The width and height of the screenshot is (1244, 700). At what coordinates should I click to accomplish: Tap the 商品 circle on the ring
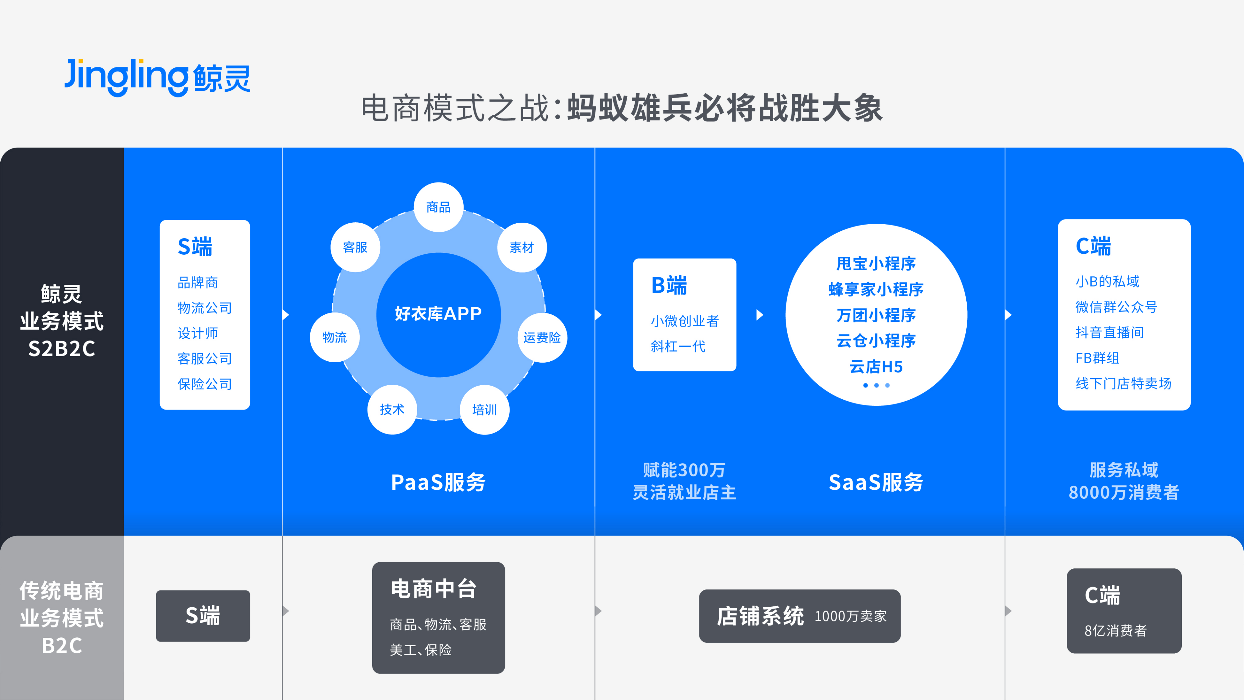[439, 207]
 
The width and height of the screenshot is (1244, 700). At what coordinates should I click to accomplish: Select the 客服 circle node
[355, 247]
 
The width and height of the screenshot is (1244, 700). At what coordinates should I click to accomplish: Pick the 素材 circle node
[522, 247]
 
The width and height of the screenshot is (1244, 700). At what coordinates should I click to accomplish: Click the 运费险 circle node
[542, 337]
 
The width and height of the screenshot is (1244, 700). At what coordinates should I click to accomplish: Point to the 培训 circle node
[484, 410]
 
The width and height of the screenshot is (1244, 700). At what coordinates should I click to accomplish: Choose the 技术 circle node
[392, 410]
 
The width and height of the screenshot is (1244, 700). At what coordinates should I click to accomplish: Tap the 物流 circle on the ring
[335, 337]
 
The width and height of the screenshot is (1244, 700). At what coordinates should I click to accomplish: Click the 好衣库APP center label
[439, 314]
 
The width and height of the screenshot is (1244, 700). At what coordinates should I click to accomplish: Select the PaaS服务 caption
[439, 482]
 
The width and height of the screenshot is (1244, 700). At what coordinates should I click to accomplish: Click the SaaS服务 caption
[876, 482]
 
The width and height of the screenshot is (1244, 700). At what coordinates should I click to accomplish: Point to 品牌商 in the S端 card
[198, 283]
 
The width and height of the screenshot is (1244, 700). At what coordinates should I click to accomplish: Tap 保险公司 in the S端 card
[205, 384]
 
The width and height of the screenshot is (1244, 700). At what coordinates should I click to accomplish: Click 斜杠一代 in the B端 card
[678, 346]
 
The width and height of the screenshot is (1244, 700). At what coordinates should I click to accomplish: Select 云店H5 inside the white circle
[876, 367]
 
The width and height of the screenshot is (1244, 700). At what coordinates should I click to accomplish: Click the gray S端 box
[203, 616]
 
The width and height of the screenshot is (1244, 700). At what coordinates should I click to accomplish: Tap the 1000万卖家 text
[850, 616]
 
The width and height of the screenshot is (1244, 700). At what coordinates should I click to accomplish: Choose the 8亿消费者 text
[1115, 630]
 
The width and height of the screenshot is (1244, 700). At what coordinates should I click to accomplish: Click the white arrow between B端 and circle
[760, 315]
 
